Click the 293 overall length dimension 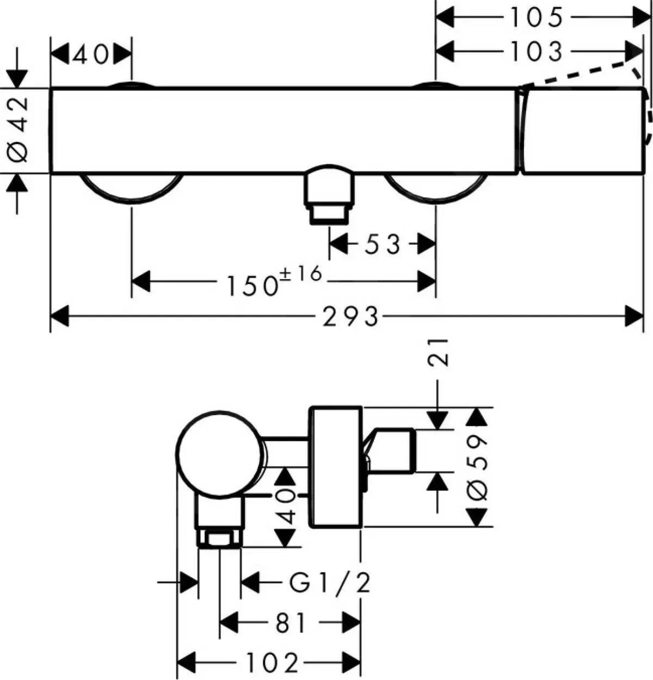coord(350,316)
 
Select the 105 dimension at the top coord(535,18)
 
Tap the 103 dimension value coord(535,52)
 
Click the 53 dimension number coord(382,244)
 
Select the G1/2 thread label coord(330,584)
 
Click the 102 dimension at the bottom coord(272,663)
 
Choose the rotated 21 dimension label coord(439,353)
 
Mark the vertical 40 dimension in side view coord(287,506)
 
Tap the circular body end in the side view coord(220,454)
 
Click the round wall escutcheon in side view coord(335,467)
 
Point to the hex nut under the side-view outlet coord(220,539)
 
